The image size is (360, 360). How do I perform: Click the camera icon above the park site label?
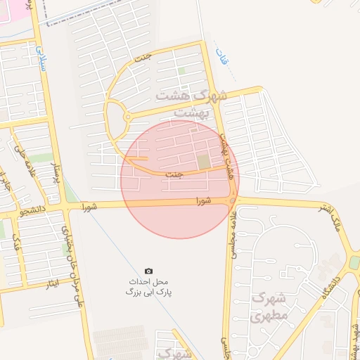click(x=148, y=271)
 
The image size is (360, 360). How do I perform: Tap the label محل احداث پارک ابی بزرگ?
click(x=148, y=285)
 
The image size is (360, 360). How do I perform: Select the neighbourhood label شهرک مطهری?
click(x=268, y=307)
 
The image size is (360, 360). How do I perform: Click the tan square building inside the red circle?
click(x=203, y=162)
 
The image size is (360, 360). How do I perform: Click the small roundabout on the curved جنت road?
click(x=127, y=117)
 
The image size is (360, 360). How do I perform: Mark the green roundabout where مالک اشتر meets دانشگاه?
click(x=354, y=262)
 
